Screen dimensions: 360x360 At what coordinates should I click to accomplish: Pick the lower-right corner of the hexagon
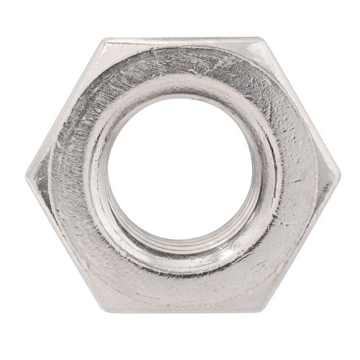[x=261, y=311]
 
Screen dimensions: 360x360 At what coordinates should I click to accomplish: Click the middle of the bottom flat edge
[x=181, y=311]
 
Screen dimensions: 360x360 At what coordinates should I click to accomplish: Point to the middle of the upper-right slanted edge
[x=300, y=107]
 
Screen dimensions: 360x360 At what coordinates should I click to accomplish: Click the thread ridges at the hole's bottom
[x=180, y=248]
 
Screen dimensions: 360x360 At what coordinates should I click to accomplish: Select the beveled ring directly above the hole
[x=180, y=83]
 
